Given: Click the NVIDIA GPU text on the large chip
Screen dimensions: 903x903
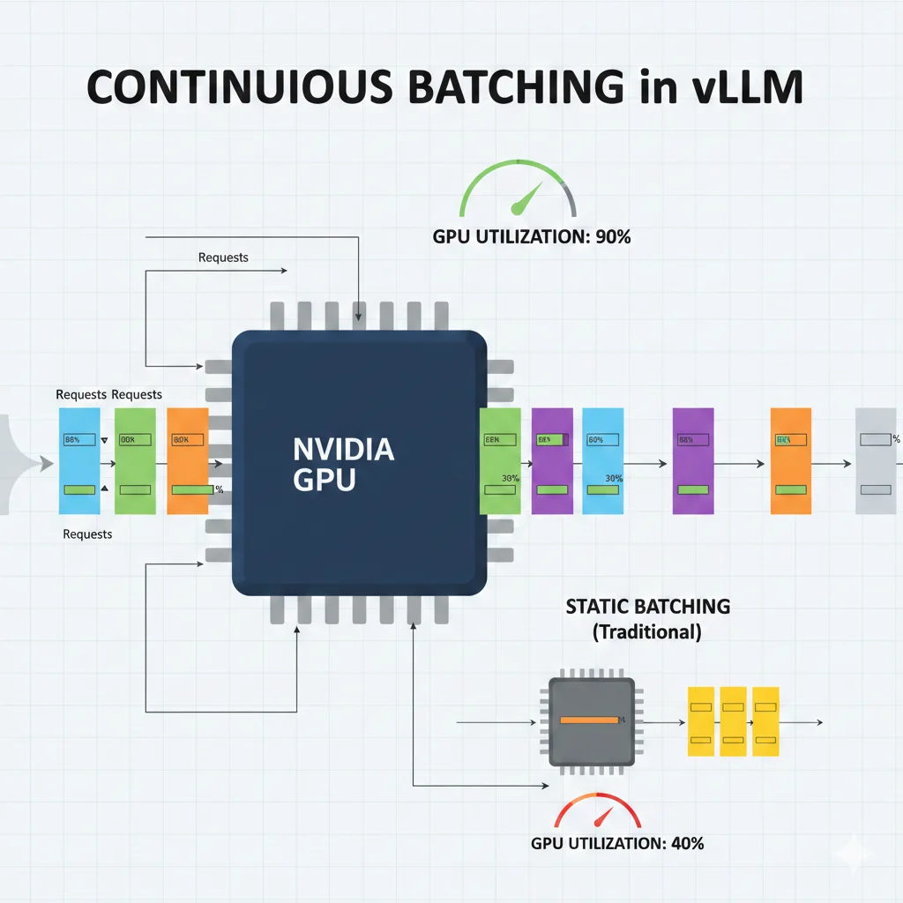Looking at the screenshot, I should (343, 464).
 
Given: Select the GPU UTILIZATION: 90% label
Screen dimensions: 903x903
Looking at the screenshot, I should (531, 236).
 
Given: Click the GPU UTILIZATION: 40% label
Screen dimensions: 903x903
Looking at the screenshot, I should (617, 843).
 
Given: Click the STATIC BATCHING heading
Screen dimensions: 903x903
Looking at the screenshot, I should (647, 607).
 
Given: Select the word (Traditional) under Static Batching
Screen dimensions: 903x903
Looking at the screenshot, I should (647, 631).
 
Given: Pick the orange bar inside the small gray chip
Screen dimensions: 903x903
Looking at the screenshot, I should (589, 720).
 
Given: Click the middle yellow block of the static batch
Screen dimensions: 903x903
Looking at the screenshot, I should (734, 721).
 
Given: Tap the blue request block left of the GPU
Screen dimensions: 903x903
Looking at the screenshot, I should (80, 461).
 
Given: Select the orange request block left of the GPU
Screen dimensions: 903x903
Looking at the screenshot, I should (187, 461).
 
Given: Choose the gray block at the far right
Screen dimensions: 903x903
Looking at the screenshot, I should (876, 461).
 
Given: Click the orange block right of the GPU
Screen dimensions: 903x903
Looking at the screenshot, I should (790, 461).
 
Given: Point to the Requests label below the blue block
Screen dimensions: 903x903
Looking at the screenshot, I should (87, 534).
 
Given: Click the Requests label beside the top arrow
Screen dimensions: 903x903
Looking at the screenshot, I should (223, 257).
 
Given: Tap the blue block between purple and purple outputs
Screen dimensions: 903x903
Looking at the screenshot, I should (603, 461).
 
